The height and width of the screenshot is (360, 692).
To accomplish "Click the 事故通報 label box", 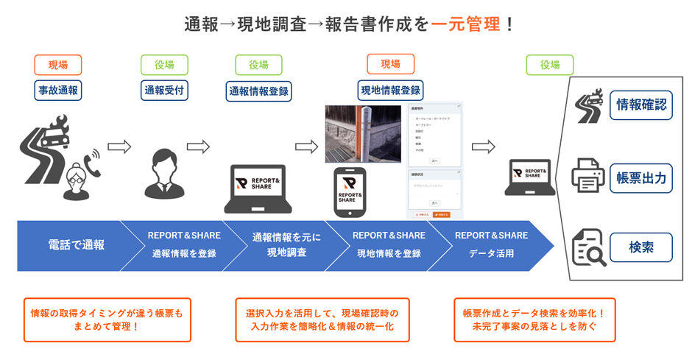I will (58, 91).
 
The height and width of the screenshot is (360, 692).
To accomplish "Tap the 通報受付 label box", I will (164, 91).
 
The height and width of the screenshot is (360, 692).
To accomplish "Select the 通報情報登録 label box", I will (258, 91).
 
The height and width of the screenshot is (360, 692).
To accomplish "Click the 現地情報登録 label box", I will (390, 91).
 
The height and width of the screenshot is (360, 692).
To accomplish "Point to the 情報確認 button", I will (640, 105).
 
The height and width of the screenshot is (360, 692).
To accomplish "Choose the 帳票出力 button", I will (640, 178).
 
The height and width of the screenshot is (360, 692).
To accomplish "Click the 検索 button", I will (640, 247).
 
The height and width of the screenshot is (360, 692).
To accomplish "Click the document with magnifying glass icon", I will (589, 247).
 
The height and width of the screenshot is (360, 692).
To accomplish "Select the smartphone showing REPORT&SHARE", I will (350, 192).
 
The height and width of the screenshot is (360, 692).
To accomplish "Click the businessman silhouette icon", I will (163, 174).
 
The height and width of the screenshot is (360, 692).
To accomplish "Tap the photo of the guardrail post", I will (363, 133).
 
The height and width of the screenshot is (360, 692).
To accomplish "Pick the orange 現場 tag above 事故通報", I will (58, 65).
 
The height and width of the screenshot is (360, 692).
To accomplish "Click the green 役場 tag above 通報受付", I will (164, 65).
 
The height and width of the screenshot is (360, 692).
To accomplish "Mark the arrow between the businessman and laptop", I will (198, 147).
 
